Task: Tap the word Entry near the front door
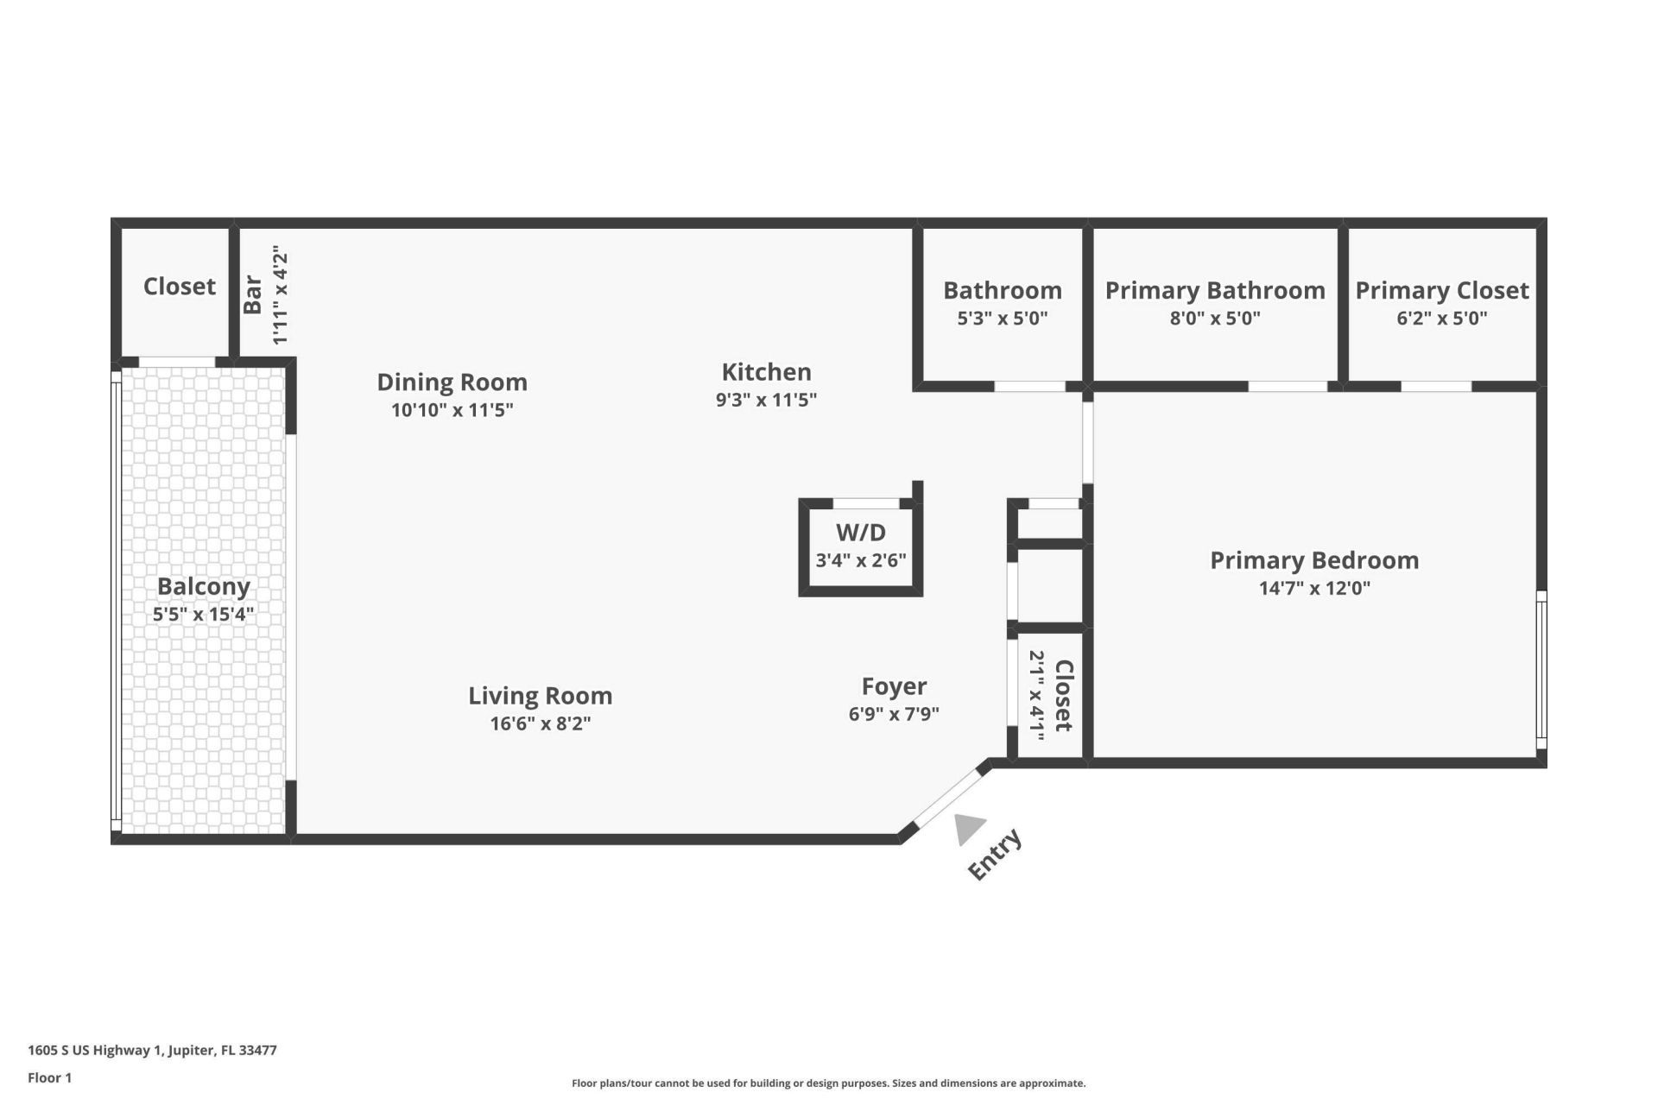point(995,855)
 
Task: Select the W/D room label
point(860,533)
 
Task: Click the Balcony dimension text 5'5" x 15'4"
point(204,615)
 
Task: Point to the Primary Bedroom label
point(1313,560)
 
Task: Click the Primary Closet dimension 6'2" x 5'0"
point(1441,318)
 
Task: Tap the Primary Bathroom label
point(1214,290)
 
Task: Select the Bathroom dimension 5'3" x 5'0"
point(1002,318)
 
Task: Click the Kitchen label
point(766,372)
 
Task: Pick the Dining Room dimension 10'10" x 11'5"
point(452,410)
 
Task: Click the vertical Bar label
point(252,294)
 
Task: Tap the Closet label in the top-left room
point(179,286)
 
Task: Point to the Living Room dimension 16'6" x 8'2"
point(540,723)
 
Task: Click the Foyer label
point(894,686)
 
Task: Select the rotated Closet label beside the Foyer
point(1064,695)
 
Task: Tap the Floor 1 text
point(49,1077)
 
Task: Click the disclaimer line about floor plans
point(828,1083)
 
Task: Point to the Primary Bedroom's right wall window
point(1541,669)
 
